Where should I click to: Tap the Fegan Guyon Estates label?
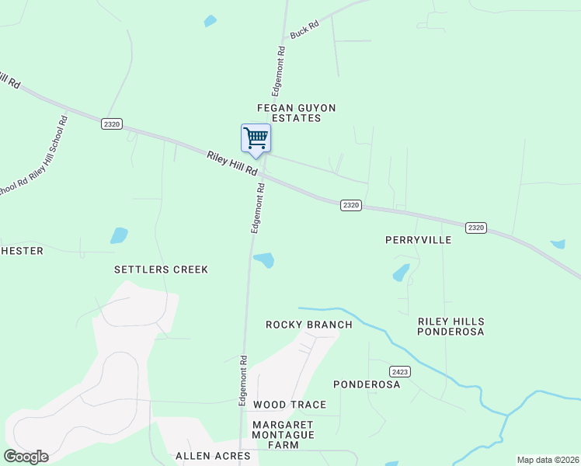pyautogui.click(x=290, y=113)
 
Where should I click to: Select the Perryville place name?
pyautogui.click(x=418, y=240)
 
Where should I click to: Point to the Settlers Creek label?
pyautogui.click(x=162, y=270)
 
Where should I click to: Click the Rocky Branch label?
pyautogui.click(x=308, y=325)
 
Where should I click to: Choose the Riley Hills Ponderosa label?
pyautogui.click(x=451, y=326)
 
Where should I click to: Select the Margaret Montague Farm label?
pyautogui.click(x=283, y=435)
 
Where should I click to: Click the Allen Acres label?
pyautogui.click(x=213, y=456)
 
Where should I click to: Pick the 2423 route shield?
pyautogui.click(x=400, y=372)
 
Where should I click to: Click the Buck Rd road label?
pyautogui.click(x=304, y=30)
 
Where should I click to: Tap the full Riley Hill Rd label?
pyautogui.click(x=231, y=163)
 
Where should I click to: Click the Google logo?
pyautogui.click(x=26, y=457)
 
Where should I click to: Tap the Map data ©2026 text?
pyautogui.click(x=547, y=460)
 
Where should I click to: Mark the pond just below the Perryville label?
pyautogui.click(x=401, y=273)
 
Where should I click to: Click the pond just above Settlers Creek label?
pyautogui.click(x=118, y=235)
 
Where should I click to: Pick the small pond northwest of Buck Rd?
pyautogui.click(x=210, y=21)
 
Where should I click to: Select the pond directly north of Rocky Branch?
pyautogui.click(x=264, y=260)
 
